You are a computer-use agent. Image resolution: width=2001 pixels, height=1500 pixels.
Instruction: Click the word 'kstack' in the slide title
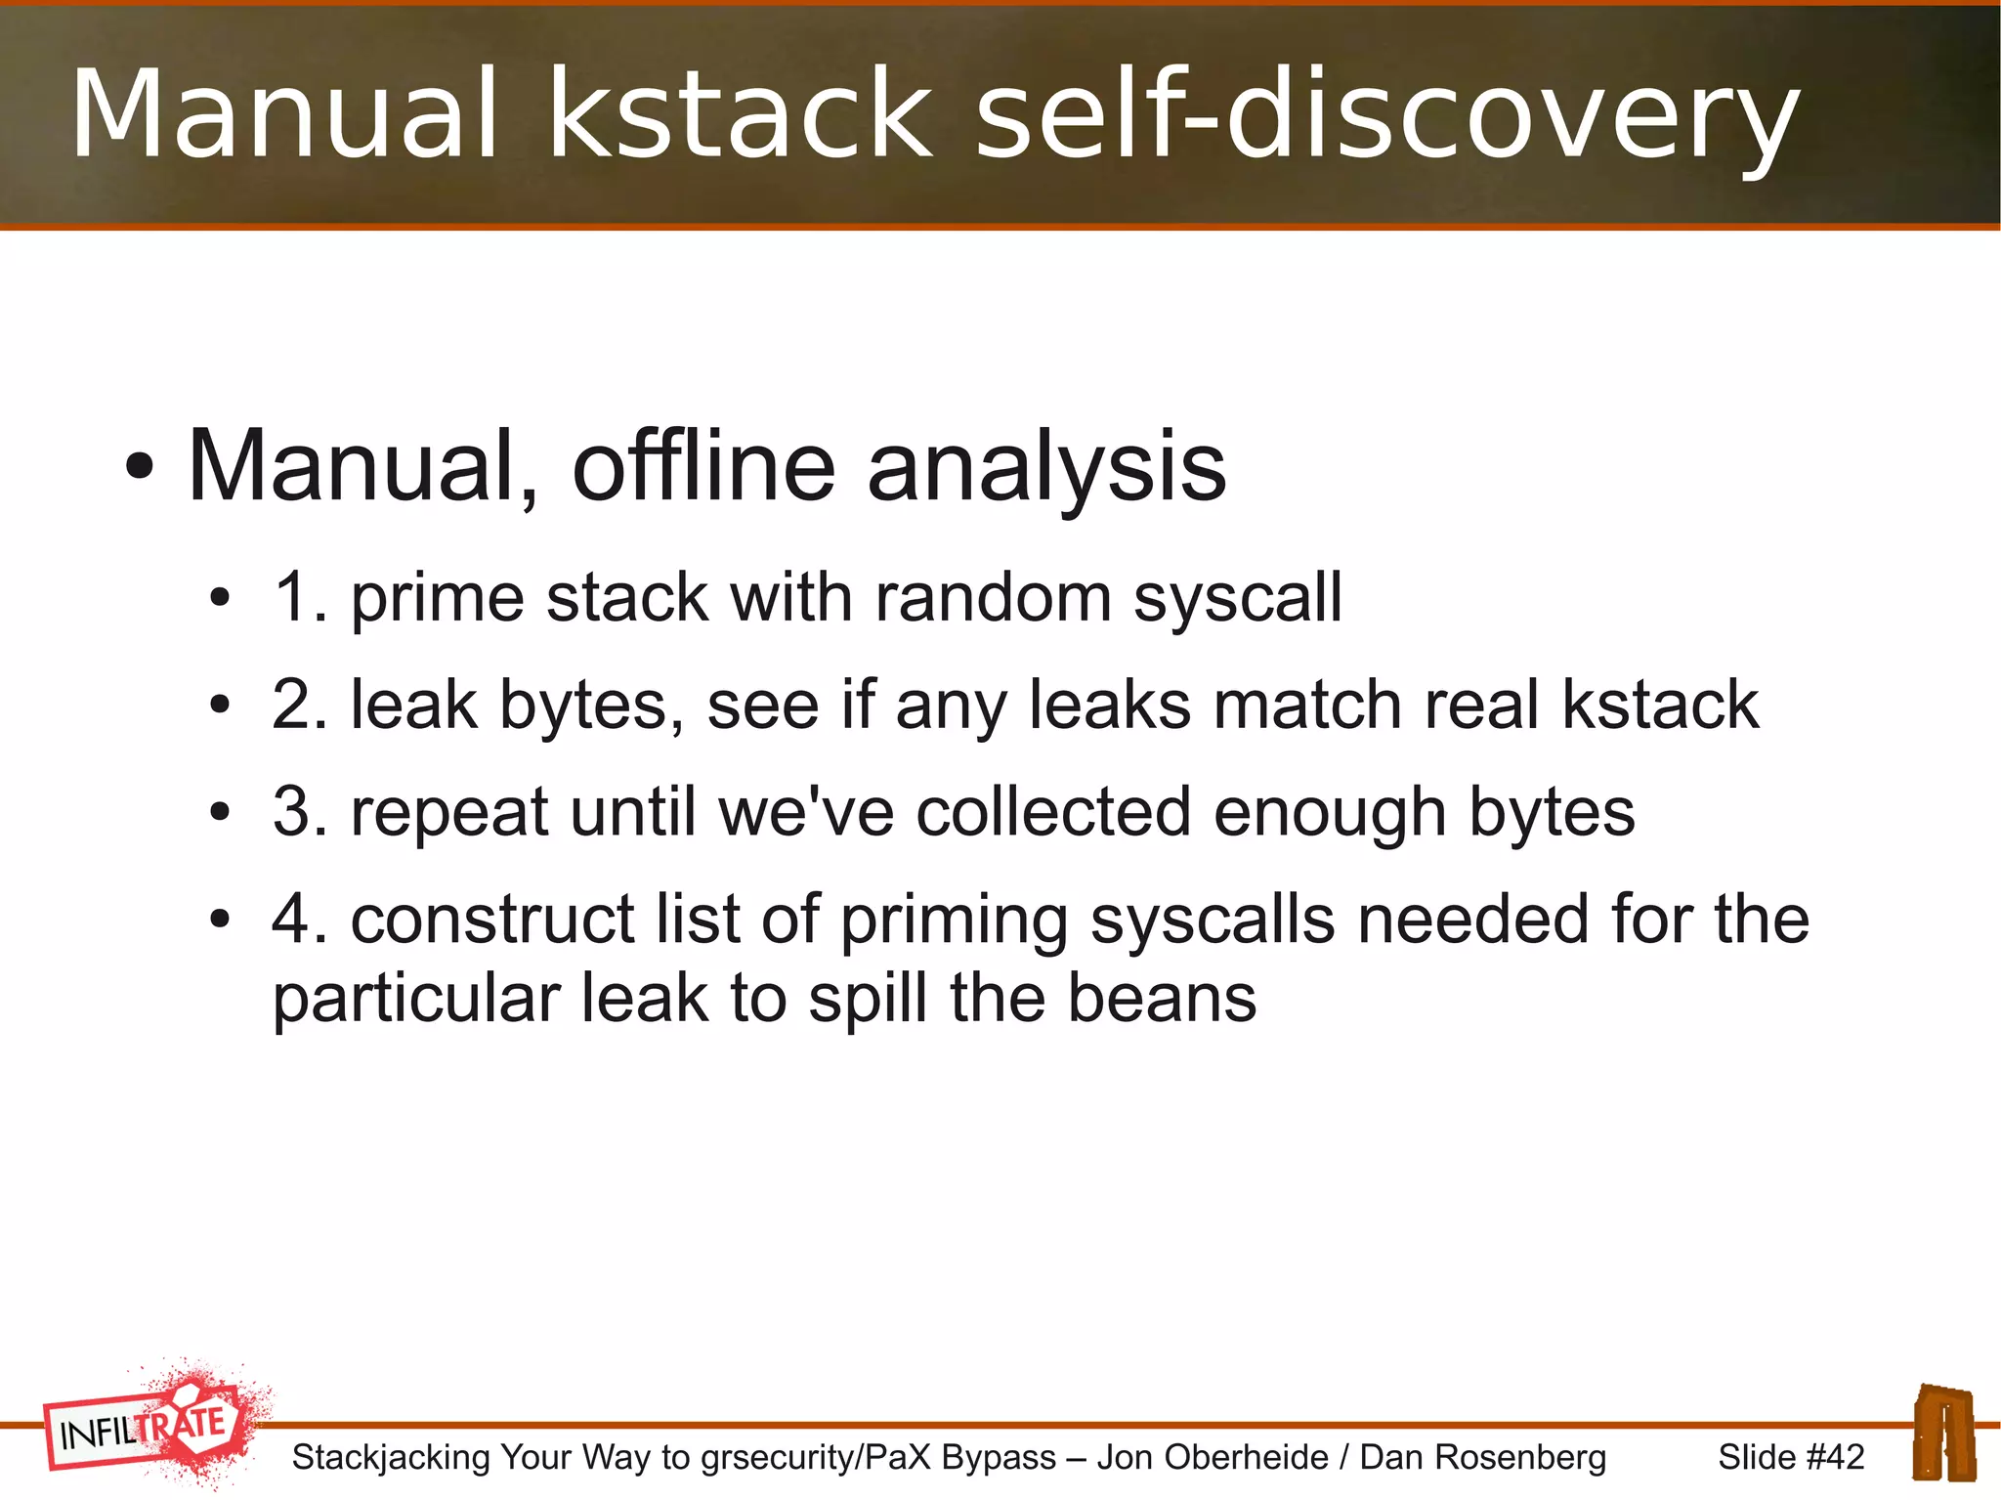pyautogui.click(x=739, y=114)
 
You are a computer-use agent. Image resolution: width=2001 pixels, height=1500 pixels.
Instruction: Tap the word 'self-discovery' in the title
pyautogui.click(x=1387, y=114)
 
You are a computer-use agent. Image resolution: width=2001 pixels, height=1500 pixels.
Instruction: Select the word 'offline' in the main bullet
pyautogui.click(x=703, y=466)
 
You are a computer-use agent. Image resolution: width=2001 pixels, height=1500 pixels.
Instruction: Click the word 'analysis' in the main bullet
pyautogui.click(x=1046, y=468)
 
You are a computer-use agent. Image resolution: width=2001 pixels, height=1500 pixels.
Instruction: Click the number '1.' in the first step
pyautogui.click(x=300, y=597)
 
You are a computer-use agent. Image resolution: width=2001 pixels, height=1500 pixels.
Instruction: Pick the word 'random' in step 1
pyautogui.click(x=993, y=597)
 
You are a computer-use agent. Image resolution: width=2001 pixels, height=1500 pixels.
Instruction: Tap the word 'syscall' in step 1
pyautogui.click(x=1238, y=599)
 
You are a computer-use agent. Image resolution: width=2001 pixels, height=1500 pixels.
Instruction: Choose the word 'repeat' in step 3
pyautogui.click(x=450, y=812)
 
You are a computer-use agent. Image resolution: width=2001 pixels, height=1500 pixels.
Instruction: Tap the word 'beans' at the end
pyautogui.click(x=1162, y=998)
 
